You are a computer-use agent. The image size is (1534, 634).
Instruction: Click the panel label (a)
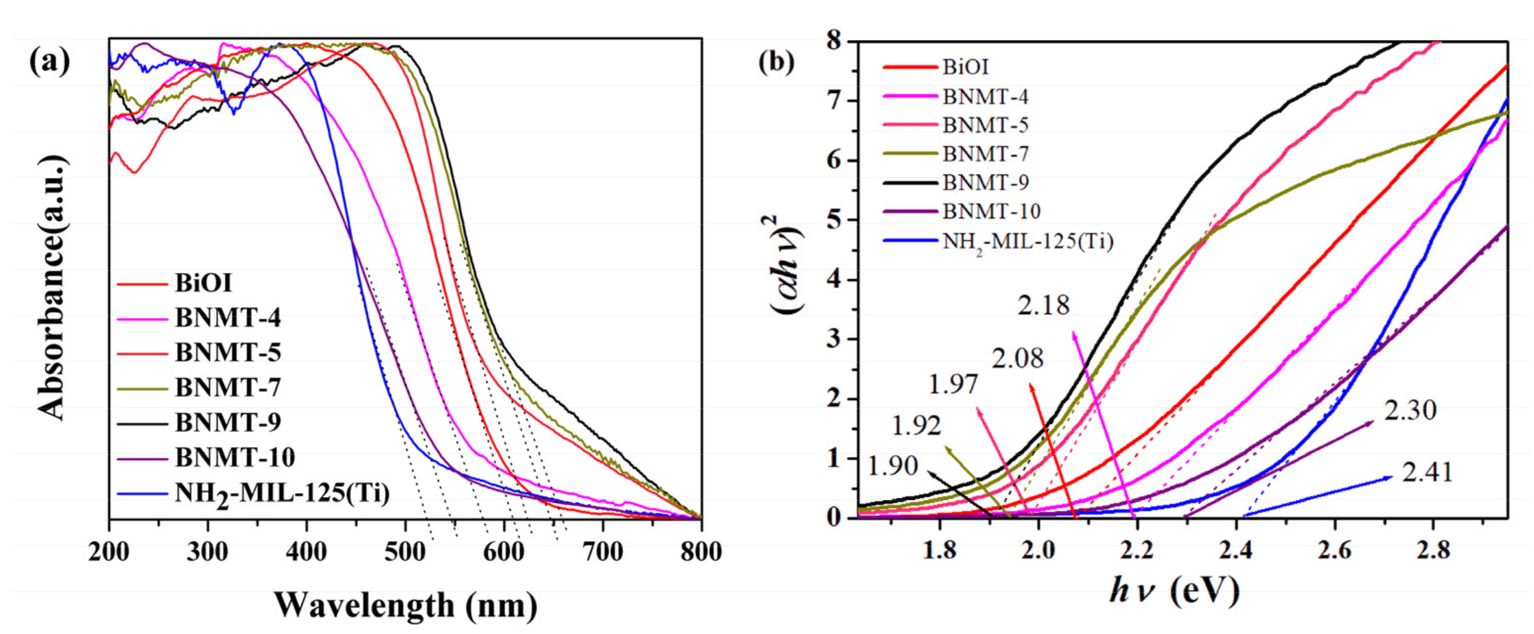(49, 61)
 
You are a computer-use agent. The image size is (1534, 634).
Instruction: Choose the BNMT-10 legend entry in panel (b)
(991, 211)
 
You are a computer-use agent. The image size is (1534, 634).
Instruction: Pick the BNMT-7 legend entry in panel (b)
(985, 154)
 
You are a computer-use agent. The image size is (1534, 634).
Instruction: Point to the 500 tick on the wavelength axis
(405, 552)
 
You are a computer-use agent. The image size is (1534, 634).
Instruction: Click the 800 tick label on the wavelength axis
(701, 552)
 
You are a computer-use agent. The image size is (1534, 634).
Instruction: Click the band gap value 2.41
(1427, 473)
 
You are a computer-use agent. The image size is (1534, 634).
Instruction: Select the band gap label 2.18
(1043, 306)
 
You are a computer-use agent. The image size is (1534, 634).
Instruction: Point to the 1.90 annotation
(892, 465)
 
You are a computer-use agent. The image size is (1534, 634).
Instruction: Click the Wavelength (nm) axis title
(405, 605)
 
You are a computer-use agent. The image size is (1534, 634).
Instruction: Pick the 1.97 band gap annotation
(953, 385)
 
